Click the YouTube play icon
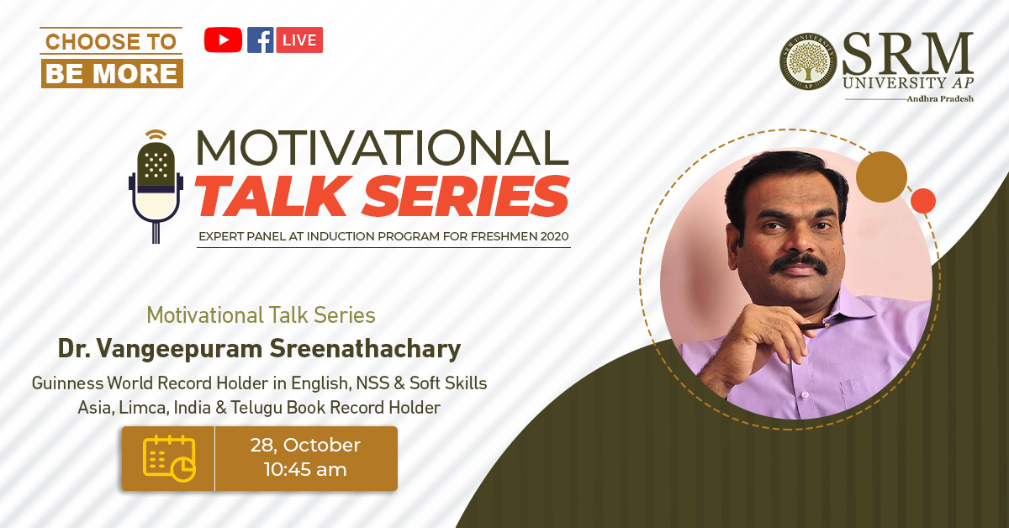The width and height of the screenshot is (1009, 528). (x=223, y=40)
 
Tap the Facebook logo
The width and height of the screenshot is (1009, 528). (x=261, y=40)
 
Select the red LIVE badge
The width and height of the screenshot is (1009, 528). (x=299, y=40)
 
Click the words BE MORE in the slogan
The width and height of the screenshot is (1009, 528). (x=112, y=73)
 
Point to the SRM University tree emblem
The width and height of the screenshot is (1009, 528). (x=808, y=61)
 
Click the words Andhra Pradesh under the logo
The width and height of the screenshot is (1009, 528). (x=940, y=98)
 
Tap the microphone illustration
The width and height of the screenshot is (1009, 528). (x=156, y=187)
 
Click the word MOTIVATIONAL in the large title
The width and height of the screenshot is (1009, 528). (x=383, y=147)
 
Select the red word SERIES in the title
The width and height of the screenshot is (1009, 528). (x=466, y=196)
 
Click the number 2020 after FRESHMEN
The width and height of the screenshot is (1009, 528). (x=554, y=236)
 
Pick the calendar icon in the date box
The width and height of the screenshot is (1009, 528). (x=169, y=458)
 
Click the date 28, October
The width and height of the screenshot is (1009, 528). (x=305, y=445)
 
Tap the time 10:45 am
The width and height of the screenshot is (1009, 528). (x=305, y=469)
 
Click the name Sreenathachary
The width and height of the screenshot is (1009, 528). (x=365, y=349)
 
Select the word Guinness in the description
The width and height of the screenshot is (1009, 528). (x=67, y=383)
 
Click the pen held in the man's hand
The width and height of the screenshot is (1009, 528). (x=816, y=325)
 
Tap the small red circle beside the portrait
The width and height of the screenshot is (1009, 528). (x=923, y=201)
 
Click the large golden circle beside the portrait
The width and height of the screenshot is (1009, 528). (x=881, y=177)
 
